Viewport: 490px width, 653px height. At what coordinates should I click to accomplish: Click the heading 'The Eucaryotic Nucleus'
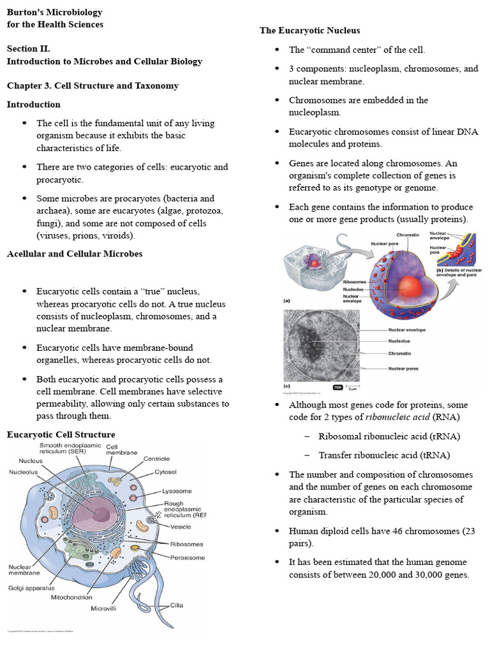309,31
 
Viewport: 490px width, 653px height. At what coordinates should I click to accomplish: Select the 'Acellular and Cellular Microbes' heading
74,254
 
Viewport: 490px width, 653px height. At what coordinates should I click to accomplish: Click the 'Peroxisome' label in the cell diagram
188,557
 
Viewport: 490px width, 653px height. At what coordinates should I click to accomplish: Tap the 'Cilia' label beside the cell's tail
177,605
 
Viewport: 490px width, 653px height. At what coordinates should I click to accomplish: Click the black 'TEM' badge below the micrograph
338,387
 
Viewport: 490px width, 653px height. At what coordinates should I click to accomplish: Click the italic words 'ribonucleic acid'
397,417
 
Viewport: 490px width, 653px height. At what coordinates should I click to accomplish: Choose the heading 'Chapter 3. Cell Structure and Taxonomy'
93,85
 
